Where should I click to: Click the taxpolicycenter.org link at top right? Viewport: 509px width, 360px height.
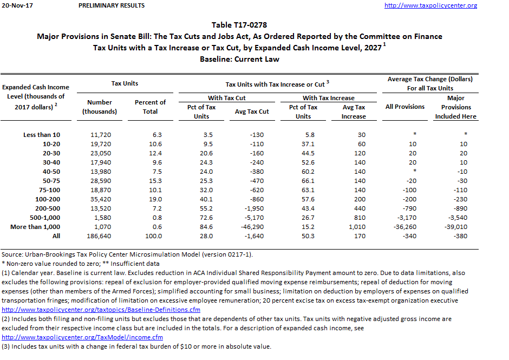click(x=430, y=5)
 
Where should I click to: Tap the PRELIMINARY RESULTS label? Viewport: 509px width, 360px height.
click(x=112, y=5)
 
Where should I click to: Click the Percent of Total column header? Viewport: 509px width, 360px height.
click(x=150, y=107)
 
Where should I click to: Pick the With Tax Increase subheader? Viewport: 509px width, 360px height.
click(x=328, y=98)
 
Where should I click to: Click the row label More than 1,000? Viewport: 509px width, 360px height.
click(x=35, y=227)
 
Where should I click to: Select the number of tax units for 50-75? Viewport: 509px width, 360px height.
click(x=100, y=181)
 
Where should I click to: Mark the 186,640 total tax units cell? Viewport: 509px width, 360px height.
click(x=100, y=236)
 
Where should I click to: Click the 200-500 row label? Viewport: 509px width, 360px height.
click(x=48, y=208)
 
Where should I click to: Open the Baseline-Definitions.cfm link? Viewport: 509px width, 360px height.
click(x=101, y=310)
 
